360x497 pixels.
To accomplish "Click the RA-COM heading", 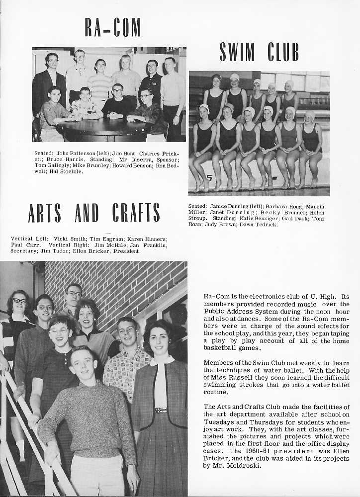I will [112, 27].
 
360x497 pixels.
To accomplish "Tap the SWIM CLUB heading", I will [259, 52].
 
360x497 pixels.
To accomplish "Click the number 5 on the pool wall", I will [209, 178].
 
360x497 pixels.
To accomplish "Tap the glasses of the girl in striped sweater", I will [19, 301].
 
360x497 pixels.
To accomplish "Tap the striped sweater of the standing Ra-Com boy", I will [101, 86].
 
